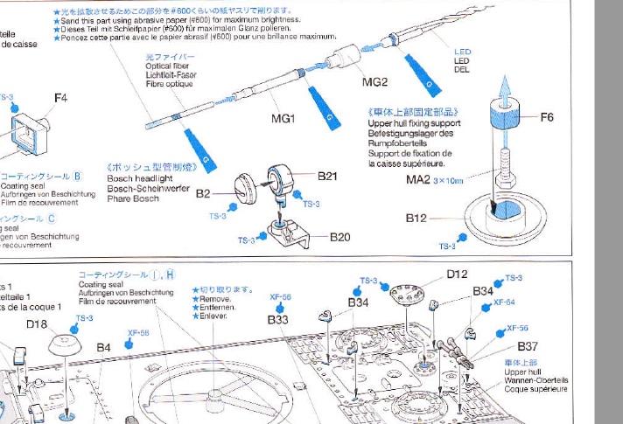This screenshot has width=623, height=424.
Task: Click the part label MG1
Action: click(283, 119)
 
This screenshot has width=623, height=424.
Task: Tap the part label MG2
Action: click(375, 81)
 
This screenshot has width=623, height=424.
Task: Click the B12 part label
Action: click(416, 218)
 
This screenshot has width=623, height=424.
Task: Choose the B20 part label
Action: click(339, 236)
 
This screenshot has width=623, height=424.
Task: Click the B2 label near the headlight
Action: click(203, 193)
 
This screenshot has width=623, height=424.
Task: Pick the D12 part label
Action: click(457, 274)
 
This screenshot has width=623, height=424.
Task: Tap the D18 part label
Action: click(37, 324)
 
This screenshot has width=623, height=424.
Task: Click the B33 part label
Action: click(278, 320)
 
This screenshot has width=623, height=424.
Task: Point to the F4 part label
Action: click(59, 98)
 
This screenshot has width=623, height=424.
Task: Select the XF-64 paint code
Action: click(505, 302)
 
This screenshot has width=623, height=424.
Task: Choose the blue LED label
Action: click(462, 52)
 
